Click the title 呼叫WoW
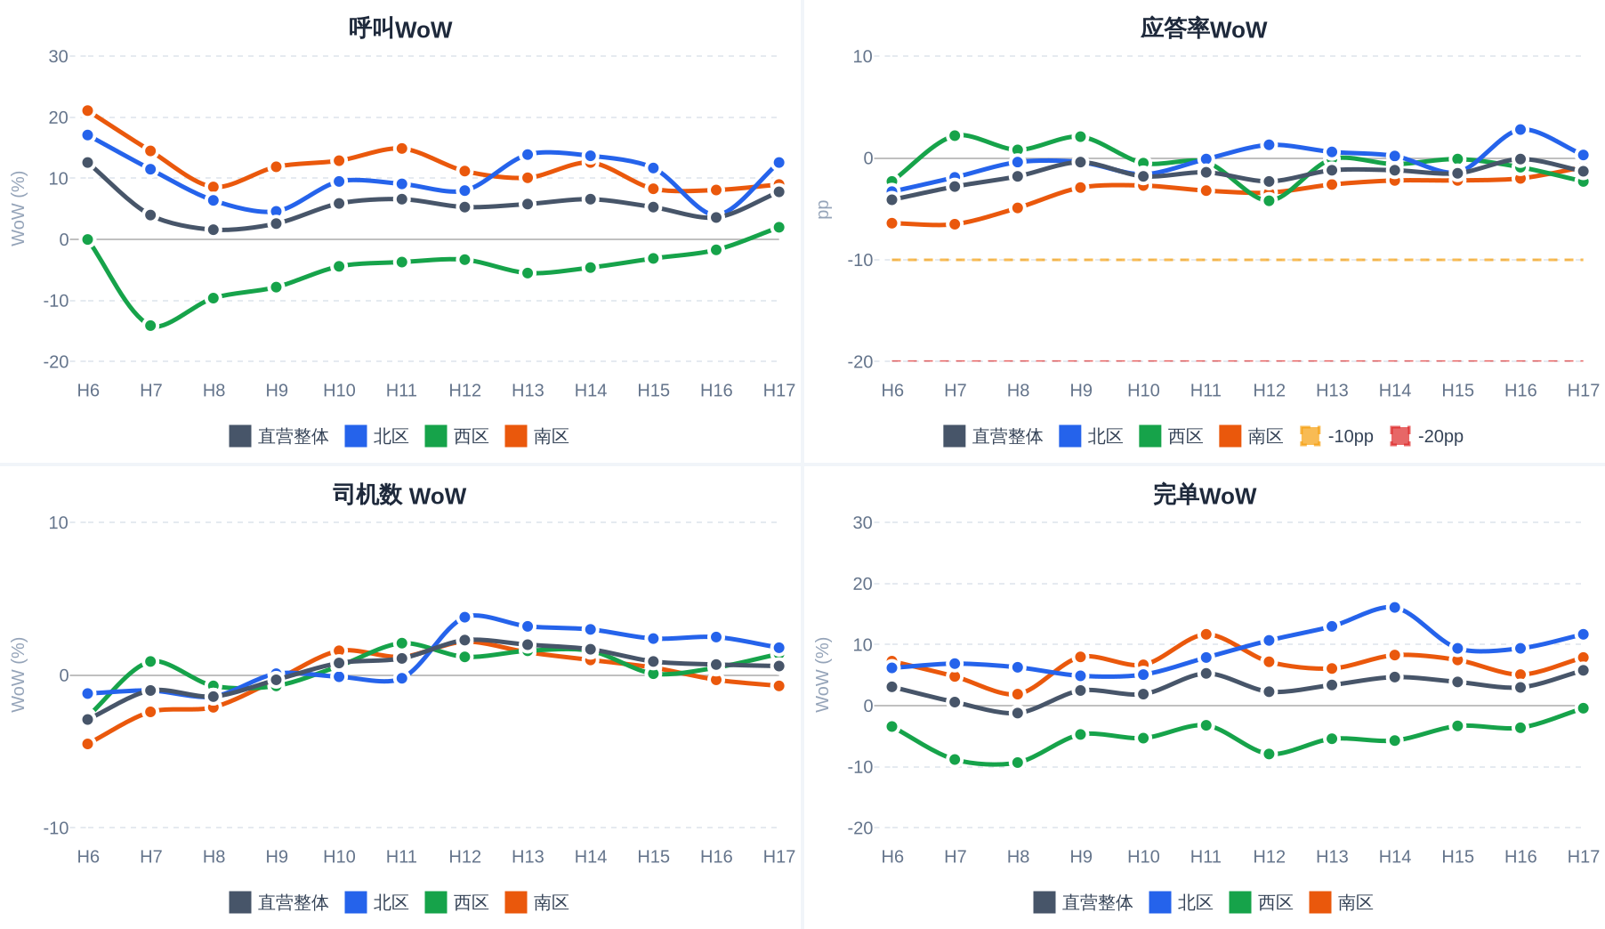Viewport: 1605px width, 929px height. [x=400, y=28]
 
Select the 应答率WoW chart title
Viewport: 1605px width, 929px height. [x=1204, y=28]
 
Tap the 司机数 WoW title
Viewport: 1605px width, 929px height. [x=399, y=495]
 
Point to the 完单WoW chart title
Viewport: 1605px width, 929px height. [x=1205, y=495]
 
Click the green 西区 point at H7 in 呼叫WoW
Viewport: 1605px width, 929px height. [x=150, y=326]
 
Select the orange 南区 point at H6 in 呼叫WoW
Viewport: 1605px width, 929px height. [x=87, y=111]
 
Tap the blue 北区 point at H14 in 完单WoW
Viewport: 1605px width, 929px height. [x=1394, y=608]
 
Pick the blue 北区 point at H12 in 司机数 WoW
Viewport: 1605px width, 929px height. [x=464, y=617]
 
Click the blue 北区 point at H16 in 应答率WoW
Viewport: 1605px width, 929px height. [x=1520, y=130]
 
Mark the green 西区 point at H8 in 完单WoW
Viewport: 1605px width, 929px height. [x=1018, y=763]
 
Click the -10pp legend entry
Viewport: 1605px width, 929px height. [x=1336, y=436]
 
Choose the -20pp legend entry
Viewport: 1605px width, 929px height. [x=1426, y=436]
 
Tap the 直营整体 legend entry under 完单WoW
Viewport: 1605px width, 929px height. [x=1083, y=902]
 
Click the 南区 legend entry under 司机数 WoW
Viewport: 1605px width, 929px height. [x=537, y=902]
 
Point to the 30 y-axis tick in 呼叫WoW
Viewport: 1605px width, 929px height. [x=59, y=56]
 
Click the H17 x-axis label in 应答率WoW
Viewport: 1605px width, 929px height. [x=1583, y=390]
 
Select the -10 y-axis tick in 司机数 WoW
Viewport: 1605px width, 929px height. [x=56, y=828]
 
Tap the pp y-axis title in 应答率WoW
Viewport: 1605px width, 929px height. [x=823, y=209]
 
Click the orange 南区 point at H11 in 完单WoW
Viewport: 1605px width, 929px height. [x=1206, y=634]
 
